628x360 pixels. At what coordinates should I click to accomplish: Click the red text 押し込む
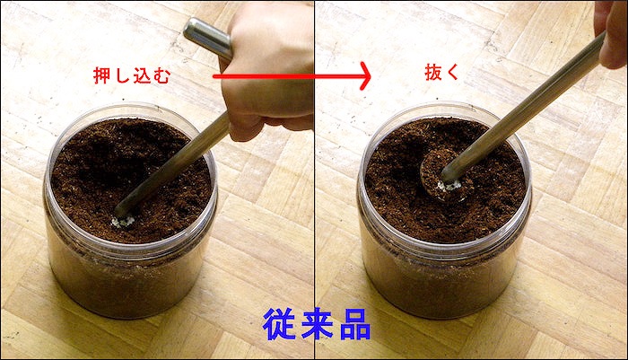click(x=132, y=75)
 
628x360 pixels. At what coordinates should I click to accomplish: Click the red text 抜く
click(x=441, y=73)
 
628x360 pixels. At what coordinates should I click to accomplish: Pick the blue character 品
click(x=355, y=324)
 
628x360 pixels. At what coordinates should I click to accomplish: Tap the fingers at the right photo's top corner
click(x=611, y=33)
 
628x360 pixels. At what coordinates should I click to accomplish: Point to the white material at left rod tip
click(x=124, y=221)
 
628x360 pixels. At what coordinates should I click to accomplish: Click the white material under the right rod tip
click(x=449, y=186)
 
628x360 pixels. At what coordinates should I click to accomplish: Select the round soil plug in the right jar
click(x=445, y=176)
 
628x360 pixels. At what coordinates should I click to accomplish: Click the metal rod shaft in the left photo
click(x=172, y=163)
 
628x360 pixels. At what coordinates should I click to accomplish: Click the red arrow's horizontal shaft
click(x=286, y=76)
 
